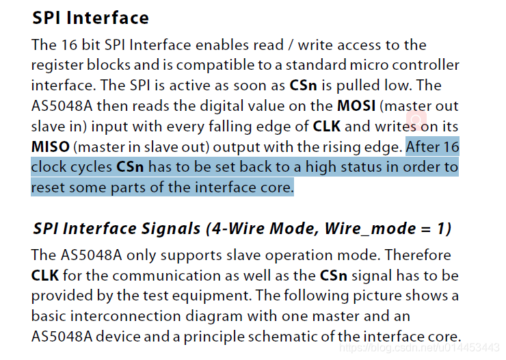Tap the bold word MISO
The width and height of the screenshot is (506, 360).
[50, 147]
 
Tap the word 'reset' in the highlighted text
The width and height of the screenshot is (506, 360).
[47, 187]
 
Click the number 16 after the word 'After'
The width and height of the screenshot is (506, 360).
[451, 147]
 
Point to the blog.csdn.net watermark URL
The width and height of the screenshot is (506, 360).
[420, 348]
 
